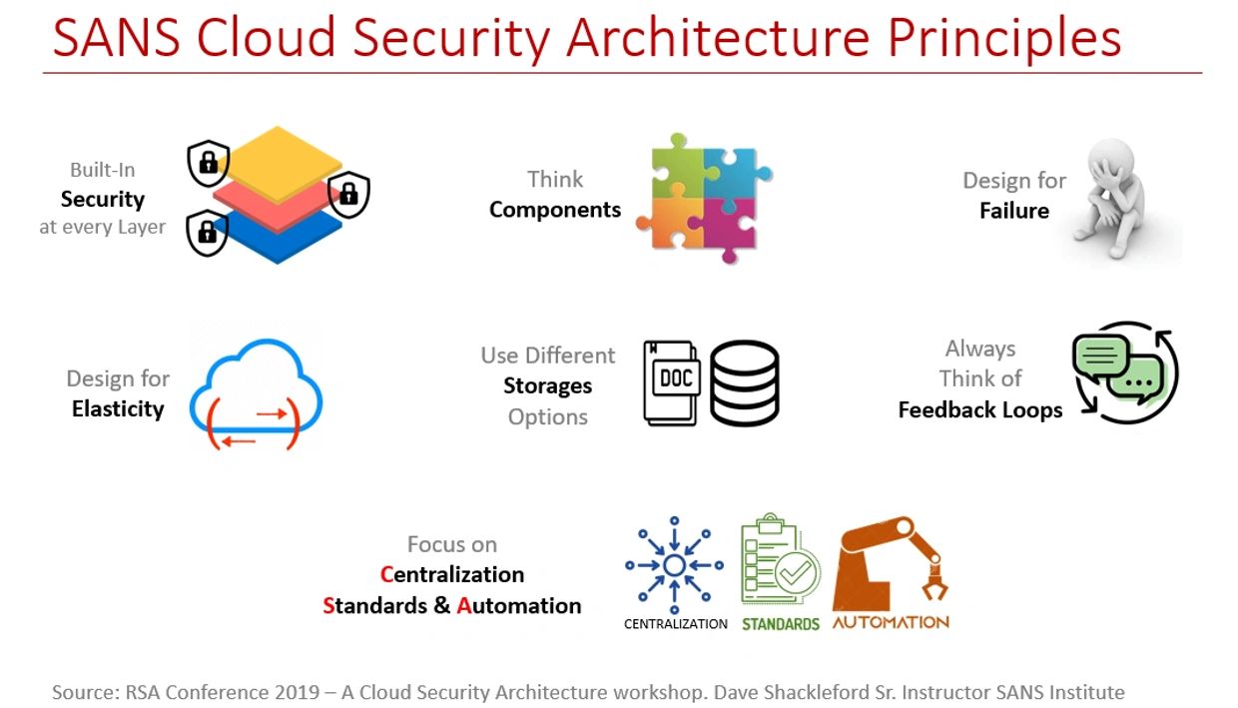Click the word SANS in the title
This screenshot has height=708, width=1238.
(116, 38)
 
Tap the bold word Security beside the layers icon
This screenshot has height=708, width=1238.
(103, 199)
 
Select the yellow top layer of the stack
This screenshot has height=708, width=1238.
(278, 163)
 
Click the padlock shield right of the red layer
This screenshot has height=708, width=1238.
(348, 194)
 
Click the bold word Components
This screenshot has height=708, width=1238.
(555, 210)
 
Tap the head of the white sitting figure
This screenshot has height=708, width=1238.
(1111, 161)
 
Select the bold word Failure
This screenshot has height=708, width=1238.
(1014, 211)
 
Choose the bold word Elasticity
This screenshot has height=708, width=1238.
(118, 409)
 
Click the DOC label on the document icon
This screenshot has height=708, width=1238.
(677, 378)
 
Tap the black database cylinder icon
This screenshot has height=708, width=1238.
(745, 382)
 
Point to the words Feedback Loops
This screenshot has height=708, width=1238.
(980, 410)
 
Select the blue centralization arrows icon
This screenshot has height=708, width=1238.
(674, 565)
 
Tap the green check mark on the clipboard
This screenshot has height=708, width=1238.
(796, 571)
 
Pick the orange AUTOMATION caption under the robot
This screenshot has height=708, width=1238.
(891, 623)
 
